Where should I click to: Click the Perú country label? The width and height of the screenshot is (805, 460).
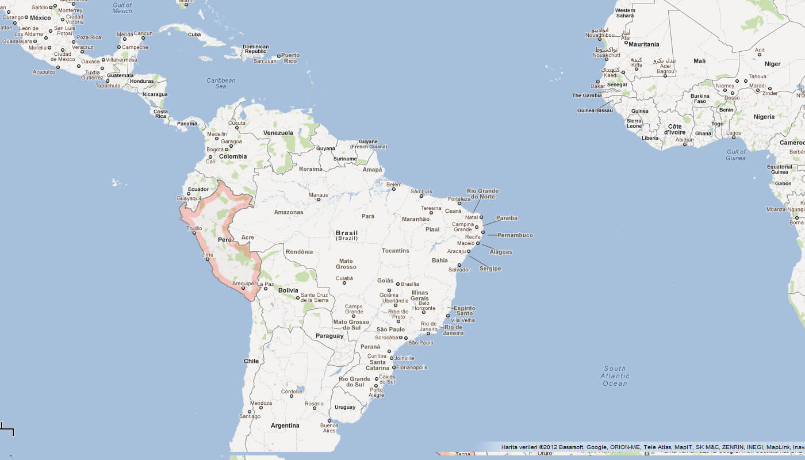[225, 239]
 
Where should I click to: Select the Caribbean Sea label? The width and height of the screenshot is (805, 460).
[221, 83]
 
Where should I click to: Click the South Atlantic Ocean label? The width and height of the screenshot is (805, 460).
[615, 376]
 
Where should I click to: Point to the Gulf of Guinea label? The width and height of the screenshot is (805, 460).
[735, 155]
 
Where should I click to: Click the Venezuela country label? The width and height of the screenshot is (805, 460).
[278, 133]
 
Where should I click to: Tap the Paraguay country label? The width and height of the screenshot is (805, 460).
[329, 336]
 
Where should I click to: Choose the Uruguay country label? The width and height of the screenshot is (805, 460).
[345, 407]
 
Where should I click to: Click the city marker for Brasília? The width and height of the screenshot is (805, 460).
[398, 284]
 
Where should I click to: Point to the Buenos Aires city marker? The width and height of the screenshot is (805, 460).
[329, 420]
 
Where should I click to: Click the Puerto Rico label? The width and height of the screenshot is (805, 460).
[290, 58]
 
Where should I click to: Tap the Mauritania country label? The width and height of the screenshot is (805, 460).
[644, 44]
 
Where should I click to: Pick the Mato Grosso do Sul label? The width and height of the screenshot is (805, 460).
[351, 325]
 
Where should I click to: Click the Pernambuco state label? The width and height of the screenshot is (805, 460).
[515, 235]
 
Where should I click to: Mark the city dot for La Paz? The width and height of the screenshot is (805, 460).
[265, 289]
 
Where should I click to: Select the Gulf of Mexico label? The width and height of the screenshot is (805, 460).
[122, 8]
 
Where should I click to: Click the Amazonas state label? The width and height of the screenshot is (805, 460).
[288, 212]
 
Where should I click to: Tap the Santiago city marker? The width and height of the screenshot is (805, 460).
[250, 411]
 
